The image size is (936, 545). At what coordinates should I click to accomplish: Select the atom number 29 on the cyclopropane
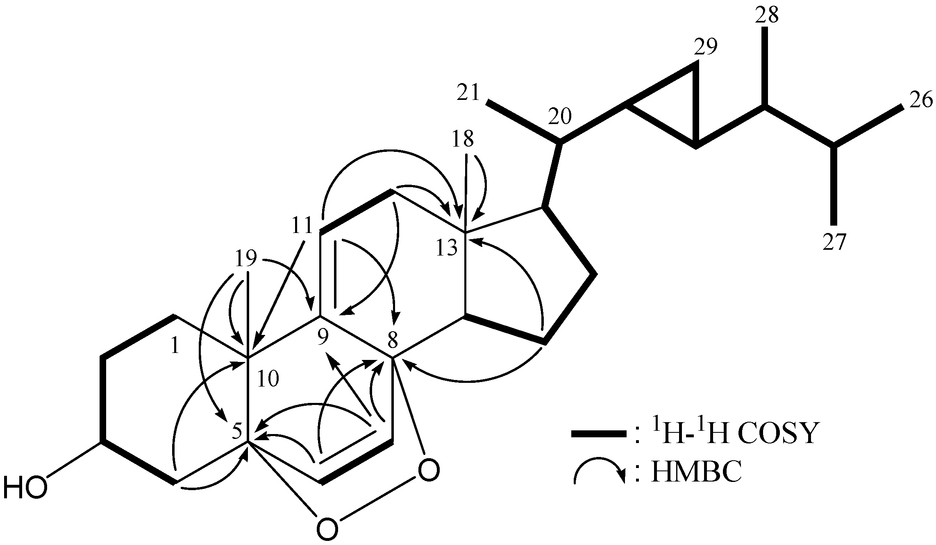706,47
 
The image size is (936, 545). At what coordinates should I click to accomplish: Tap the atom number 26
920,101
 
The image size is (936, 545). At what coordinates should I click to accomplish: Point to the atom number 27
834,242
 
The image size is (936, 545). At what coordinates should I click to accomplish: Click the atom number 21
468,93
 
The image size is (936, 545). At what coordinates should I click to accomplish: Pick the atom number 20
559,118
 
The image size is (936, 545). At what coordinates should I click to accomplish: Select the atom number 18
463,139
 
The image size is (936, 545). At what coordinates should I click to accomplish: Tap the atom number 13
447,248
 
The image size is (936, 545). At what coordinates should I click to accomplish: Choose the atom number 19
246,258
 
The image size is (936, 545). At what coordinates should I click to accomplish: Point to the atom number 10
268,379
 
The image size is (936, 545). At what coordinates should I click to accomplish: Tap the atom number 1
175,346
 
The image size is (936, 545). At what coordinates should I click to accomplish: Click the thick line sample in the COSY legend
599,434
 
